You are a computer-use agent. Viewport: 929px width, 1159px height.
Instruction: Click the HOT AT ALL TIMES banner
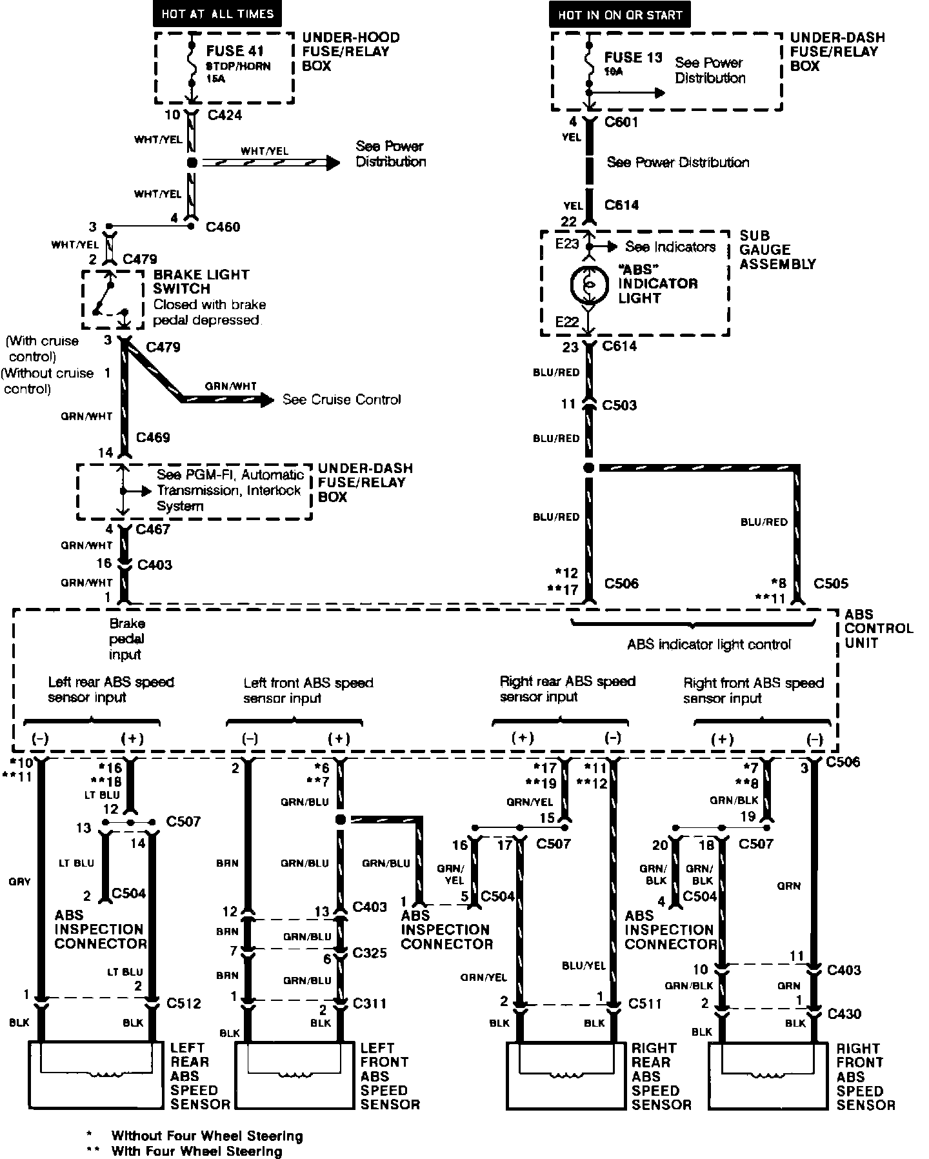tap(217, 14)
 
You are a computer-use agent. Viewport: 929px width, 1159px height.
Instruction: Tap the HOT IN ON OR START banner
tap(619, 14)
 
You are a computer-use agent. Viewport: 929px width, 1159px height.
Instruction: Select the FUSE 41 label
tap(235, 51)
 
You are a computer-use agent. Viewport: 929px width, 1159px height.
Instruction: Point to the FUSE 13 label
tap(633, 57)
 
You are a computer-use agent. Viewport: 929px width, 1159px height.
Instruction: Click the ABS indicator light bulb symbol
tap(588, 283)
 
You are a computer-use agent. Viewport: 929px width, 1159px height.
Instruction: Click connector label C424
tap(225, 116)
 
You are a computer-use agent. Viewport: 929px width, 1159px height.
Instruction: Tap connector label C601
tap(621, 122)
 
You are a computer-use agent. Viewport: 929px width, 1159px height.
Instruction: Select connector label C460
tap(223, 227)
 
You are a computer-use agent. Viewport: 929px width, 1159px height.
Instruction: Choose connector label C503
tap(619, 405)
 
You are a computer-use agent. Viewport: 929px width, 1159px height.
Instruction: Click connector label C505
tap(830, 583)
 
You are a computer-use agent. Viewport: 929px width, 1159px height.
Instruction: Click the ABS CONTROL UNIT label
tap(878, 629)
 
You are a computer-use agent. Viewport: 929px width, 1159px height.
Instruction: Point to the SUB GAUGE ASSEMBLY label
tap(777, 250)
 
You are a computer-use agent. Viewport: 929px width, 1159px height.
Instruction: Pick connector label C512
tap(184, 1003)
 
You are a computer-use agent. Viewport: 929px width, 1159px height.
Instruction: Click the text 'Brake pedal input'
tap(126, 639)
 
